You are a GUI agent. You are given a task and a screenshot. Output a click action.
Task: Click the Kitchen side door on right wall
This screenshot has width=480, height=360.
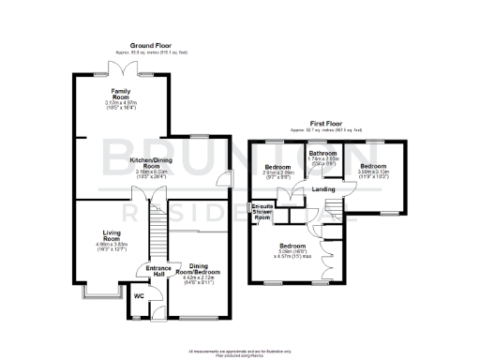click(x=218, y=180)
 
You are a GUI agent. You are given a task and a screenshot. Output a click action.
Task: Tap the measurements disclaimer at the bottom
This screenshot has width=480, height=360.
click(x=239, y=352)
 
